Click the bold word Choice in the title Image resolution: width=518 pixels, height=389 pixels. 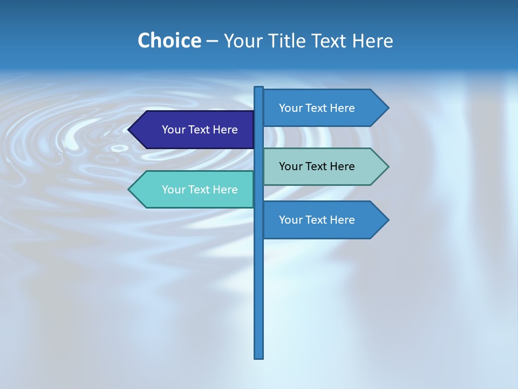click(x=169, y=41)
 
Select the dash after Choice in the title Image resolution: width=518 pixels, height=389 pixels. click(x=212, y=41)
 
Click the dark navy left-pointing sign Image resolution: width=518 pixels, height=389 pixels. click(x=194, y=130)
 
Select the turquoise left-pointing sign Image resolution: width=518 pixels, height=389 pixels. click(x=194, y=190)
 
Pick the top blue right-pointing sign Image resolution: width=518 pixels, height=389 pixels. click(x=321, y=108)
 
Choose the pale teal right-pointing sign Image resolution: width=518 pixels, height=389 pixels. click(x=321, y=166)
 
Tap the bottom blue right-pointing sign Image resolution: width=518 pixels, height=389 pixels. click(x=321, y=220)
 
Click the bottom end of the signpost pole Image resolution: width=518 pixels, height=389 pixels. click(x=259, y=357)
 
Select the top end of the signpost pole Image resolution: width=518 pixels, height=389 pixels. click(x=259, y=89)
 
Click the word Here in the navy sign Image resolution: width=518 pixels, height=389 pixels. click(x=225, y=130)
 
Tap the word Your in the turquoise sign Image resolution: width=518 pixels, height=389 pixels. click(x=173, y=190)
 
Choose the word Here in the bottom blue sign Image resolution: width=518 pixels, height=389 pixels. click(x=342, y=220)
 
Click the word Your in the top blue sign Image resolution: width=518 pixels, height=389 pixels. click(x=290, y=108)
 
